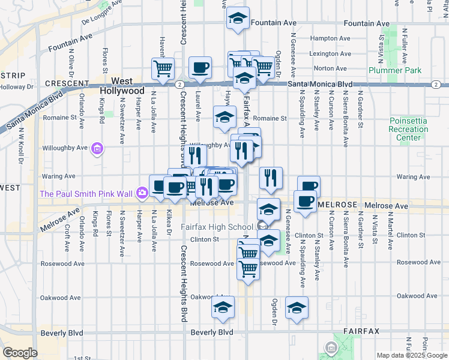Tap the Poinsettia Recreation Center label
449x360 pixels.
coord(408,129)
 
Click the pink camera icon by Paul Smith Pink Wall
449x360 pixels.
coord(142,193)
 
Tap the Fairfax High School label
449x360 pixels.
coord(217,227)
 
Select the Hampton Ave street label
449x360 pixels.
coord(330,38)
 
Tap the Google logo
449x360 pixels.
coord(20,353)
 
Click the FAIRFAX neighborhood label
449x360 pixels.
coord(361,331)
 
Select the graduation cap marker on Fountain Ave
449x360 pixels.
coord(238,19)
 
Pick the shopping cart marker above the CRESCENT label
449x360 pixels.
coord(162,68)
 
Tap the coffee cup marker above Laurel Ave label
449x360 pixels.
coord(200,67)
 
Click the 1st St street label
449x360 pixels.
coord(82,358)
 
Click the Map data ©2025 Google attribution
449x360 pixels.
coord(412,355)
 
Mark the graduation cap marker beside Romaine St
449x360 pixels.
coord(224,118)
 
